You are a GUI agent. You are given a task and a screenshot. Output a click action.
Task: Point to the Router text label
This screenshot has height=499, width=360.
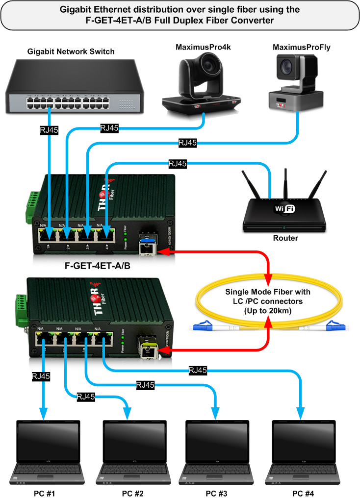(284, 239)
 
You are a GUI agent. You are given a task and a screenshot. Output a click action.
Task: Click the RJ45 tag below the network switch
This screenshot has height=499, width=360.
(50, 131)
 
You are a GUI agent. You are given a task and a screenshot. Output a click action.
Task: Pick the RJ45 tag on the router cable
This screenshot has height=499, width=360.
(178, 164)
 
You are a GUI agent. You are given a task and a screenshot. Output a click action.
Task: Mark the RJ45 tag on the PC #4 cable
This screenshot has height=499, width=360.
(197, 371)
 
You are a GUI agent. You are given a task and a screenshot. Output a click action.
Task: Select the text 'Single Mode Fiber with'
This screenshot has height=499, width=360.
(268, 292)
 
